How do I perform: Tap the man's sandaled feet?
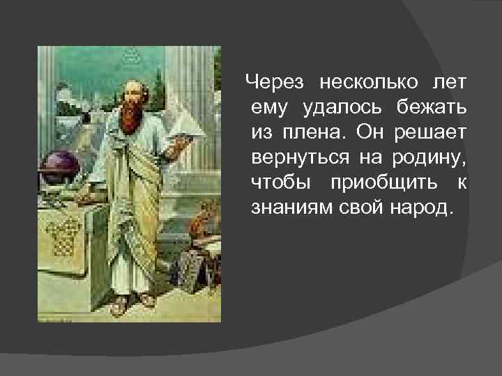coord(132,301)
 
